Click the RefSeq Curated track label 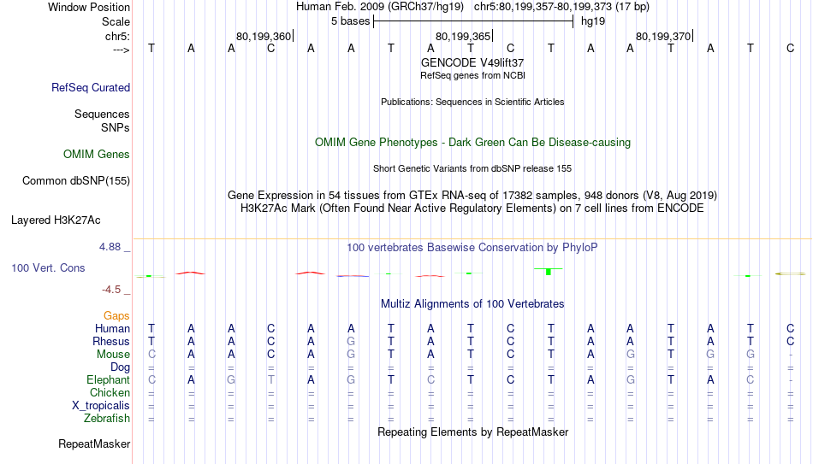[x=91, y=87]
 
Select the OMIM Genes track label [x=97, y=155]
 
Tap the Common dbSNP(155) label [x=76, y=181]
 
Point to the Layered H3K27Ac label [x=56, y=220]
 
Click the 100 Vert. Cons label [x=48, y=267]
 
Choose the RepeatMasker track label [x=94, y=443]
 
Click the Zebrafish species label [x=107, y=419]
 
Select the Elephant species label [x=109, y=380]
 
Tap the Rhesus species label [x=111, y=342]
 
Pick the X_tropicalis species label [x=101, y=406]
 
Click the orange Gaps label [x=116, y=316]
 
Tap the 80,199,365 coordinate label [x=463, y=36]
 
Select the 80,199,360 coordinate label [x=264, y=36]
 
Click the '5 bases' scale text [x=351, y=21]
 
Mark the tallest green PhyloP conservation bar [x=549, y=272]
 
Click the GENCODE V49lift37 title [x=472, y=62]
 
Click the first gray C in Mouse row [x=151, y=355]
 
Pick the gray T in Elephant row [x=271, y=380]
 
